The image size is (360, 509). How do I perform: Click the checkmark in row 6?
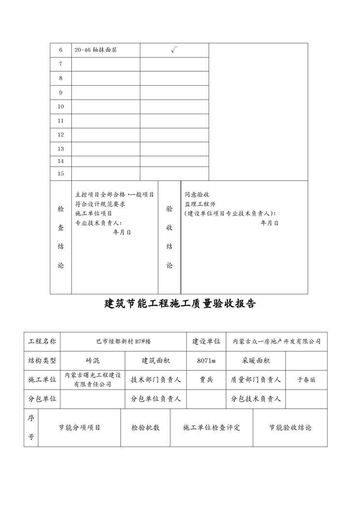coord(174,50)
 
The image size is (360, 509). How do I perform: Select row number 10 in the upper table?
coord(60,106)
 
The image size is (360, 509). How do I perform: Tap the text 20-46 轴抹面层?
coord(96,50)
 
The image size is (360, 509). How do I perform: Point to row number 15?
coord(60,173)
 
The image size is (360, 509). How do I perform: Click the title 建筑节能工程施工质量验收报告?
coord(180,304)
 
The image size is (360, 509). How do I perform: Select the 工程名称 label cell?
coord(43,342)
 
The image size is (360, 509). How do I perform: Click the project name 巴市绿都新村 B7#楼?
coord(123,342)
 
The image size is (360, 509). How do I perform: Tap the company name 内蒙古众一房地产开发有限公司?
coord(277,342)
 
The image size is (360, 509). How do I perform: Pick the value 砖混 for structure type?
coord(92,360)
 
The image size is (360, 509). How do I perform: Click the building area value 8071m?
coord(206,360)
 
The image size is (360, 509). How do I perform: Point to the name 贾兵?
coord(206,380)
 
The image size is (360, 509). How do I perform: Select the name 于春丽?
coord(306,380)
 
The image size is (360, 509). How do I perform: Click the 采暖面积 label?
coord(256,360)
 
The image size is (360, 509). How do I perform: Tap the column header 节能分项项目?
coord(79,428)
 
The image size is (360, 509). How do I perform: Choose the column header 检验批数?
coord(145,428)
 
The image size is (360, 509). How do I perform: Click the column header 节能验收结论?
coord(290,428)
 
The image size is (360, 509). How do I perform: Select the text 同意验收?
coord(197,195)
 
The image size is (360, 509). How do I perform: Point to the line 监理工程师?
coord(200,204)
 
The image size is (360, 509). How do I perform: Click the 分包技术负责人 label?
coord(256,399)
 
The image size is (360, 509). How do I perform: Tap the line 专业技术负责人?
coord(99,223)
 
